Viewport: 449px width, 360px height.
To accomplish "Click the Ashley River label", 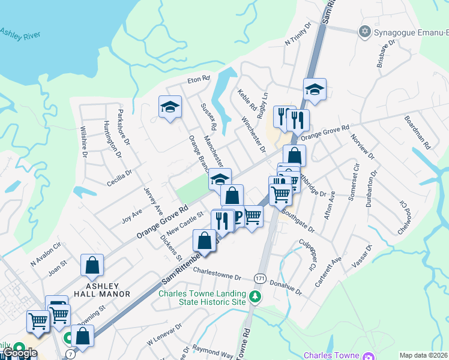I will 21,34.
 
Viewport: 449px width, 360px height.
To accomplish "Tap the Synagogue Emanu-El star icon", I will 363,31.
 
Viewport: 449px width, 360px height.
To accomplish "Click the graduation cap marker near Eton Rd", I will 170,107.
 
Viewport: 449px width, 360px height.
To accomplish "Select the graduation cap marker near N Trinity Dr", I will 315,89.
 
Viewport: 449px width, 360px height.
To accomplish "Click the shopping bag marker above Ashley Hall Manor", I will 92,265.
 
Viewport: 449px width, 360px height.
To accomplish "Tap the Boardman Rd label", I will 418,132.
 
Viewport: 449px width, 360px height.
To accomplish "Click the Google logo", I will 19,352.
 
